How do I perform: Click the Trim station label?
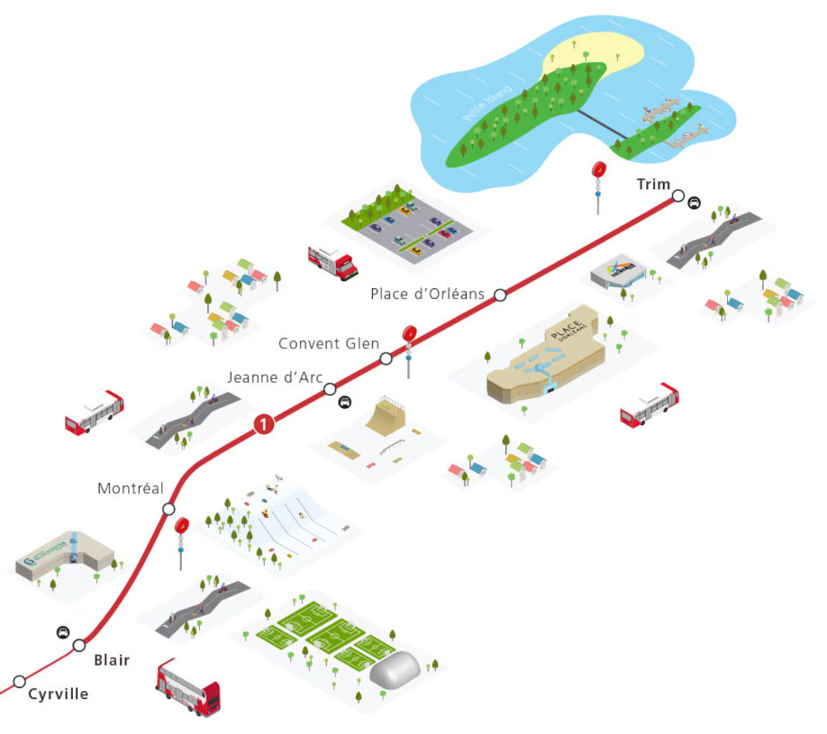653,185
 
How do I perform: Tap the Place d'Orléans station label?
428,295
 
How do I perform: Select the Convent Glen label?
329,343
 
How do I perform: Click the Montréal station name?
131,488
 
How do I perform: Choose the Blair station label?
112,660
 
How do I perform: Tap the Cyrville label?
59,693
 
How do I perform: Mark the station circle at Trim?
677,199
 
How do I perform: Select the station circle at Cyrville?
19,682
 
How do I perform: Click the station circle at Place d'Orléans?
500,295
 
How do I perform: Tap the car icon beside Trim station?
695,204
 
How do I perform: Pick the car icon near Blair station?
62,631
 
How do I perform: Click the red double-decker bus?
187,686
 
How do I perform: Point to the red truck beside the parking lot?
333,262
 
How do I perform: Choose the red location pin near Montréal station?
182,526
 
